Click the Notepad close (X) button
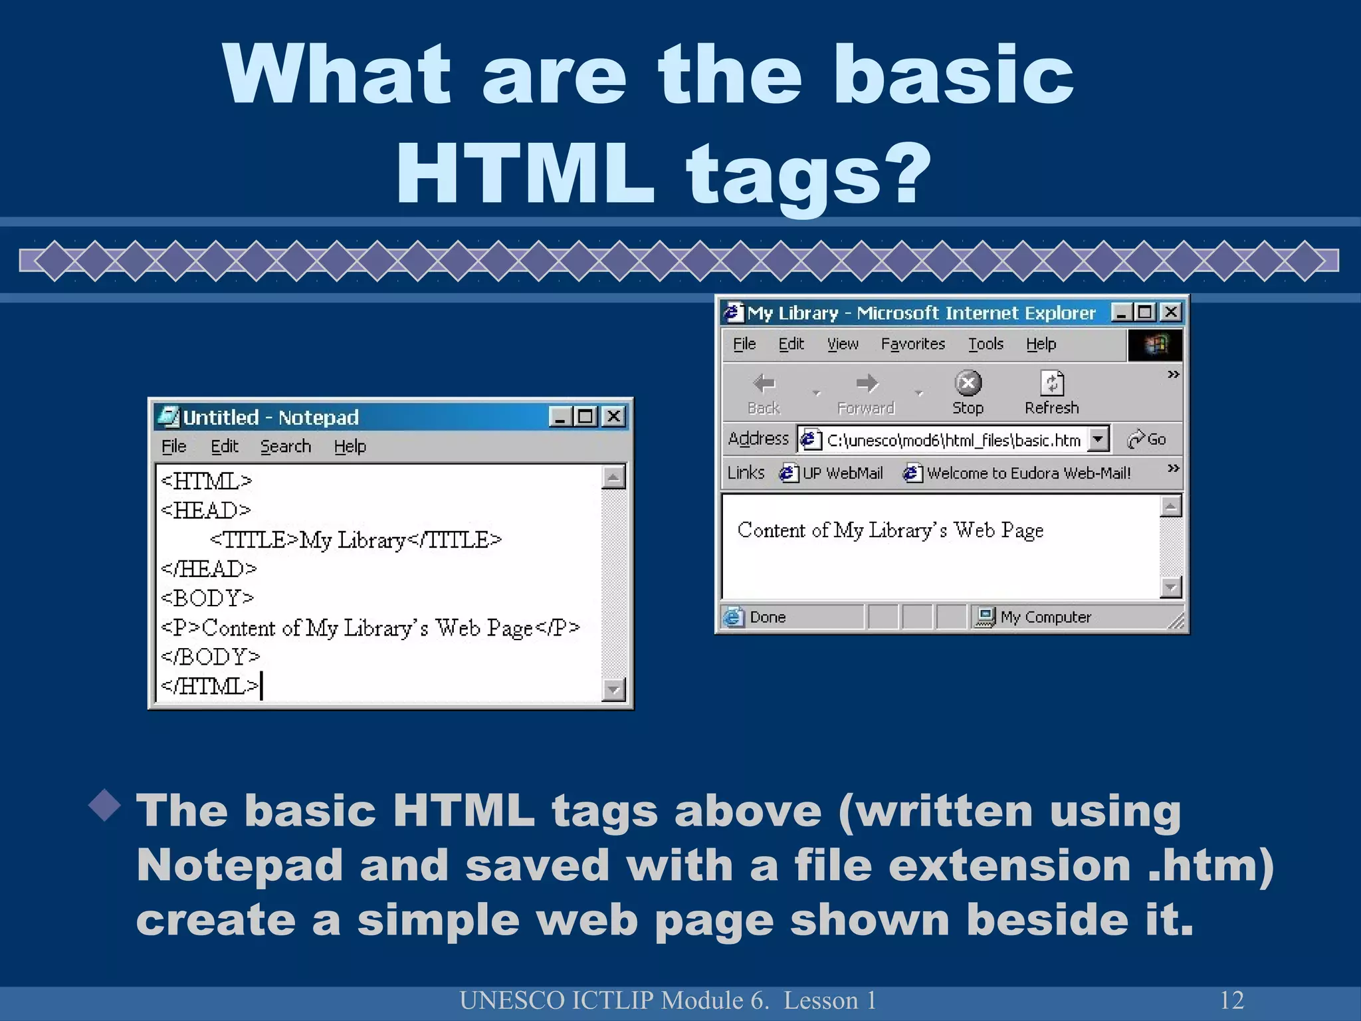[x=614, y=417]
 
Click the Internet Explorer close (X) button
[x=1171, y=312]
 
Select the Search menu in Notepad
[x=285, y=447]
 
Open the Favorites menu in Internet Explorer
[x=912, y=344]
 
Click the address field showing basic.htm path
[x=953, y=440]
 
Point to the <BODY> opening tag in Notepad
[x=207, y=598]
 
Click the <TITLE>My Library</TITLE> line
[x=356, y=540]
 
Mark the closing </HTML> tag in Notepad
[x=210, y=686]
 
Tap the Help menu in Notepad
[x=350, y=447]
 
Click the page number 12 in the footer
[x=1231, y=1000]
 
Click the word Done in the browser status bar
[x=768, y=618]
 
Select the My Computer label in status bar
[x=1045, y=618]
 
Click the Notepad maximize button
[x=585, y=417]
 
